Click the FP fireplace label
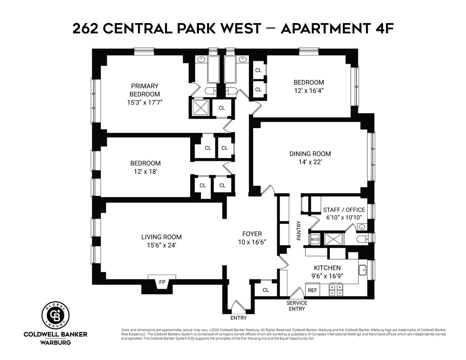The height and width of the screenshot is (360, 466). click(x=162, y=282)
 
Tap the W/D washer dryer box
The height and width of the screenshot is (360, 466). click(x=315, y=239)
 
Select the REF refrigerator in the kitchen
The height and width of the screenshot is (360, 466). click(x=313, y=290)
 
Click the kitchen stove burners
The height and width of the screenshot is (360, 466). click(x=336, y=289)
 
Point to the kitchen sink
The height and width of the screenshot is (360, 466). click(x=363, y=270)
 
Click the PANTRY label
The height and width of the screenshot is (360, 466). click(x=299, y=231)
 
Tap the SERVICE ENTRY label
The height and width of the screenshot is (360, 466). click(x=297, y=306)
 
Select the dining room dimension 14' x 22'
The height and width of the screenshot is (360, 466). click(x=310, y=162)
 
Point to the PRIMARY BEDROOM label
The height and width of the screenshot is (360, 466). click(x=144, y=90)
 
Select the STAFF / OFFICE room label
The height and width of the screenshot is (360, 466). click(x=344, y=210)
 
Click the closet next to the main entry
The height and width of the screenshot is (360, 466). click(x=266, y=290)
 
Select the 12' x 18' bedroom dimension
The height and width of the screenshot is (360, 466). click(x=145, y=171)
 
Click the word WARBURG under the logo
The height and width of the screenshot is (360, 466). click(x=55, y=342)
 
